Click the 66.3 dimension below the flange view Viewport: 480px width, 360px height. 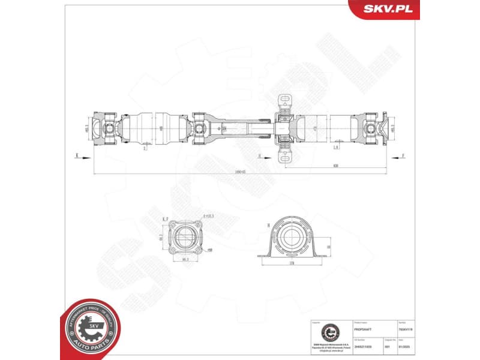[x=185, y=260]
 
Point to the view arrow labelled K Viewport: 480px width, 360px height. [x=77, y=155]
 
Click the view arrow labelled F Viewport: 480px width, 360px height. [x=403, y=155]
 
